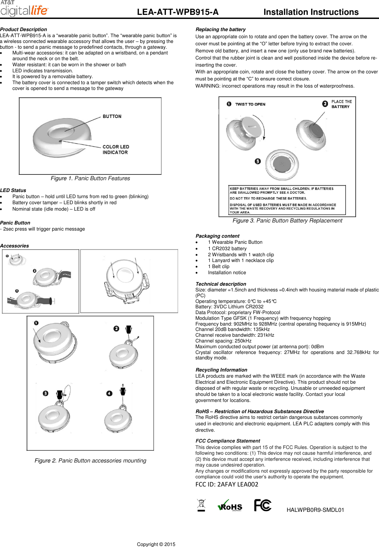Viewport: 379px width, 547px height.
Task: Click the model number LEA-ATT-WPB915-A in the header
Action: point(178,12)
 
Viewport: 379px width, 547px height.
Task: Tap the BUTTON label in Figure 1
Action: point(112,116)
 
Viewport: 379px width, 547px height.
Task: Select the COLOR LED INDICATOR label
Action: point(116,149)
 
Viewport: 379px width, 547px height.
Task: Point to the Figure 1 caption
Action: point(90,178)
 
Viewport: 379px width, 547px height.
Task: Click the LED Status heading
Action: point(13,190)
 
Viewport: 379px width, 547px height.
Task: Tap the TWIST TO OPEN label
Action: point(250,104)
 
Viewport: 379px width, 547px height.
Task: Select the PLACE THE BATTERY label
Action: point(341,104)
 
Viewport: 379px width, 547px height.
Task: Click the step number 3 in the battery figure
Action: point(258,161)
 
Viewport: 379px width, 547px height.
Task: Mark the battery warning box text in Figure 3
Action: point(287,200)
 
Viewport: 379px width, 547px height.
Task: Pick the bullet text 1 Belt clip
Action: point(219,266)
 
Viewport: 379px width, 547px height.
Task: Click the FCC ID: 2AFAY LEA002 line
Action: point(227,484)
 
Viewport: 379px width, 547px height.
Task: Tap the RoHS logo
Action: point(230,506)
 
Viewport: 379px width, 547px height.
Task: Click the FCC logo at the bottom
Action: point(262,505)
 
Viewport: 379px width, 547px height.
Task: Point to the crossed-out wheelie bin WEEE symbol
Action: point(201,505)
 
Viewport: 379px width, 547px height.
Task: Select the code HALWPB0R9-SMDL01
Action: point(315,510)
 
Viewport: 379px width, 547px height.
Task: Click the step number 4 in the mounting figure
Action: point(109,393)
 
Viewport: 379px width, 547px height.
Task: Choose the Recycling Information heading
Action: point(221,370)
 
